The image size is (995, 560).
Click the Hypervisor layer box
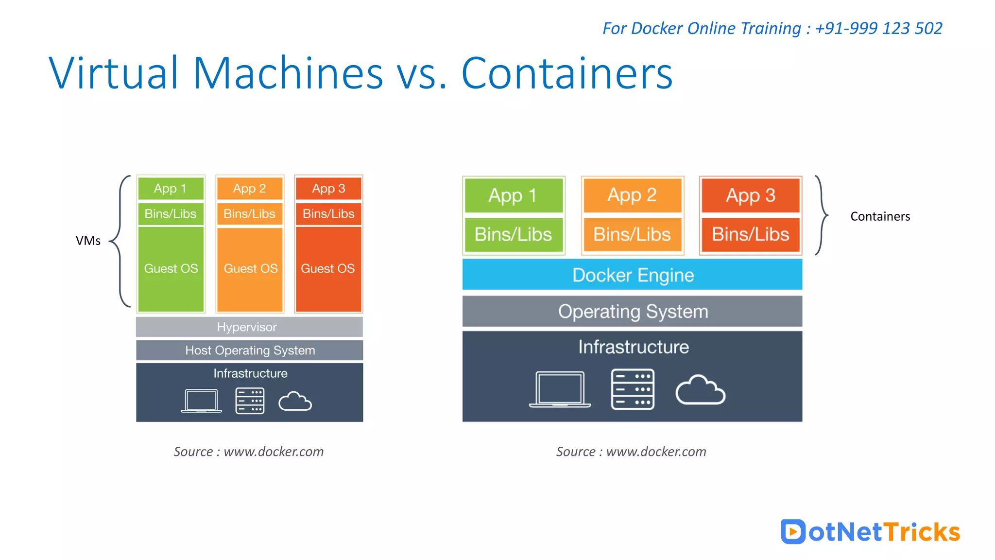point(249,327)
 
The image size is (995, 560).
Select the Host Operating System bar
point(249,350)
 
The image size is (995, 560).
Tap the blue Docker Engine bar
point(632,275)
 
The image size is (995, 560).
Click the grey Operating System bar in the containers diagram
point(632,312)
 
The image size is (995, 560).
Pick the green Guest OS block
point(171,269)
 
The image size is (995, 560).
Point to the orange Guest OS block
point(250,269)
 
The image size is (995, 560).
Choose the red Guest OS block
point(328,269)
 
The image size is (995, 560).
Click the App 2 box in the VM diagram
point(250,189)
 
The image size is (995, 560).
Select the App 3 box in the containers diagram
point(751,195)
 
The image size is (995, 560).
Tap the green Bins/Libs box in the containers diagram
point(514,235)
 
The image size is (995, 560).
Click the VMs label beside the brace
point(88,241)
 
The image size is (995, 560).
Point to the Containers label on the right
point(880,217)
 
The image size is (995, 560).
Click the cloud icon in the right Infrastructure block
point(700,390)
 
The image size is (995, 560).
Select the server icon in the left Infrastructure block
point(250,401)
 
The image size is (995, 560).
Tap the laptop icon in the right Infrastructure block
point(560,389)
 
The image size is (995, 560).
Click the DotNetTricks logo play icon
point(793,532)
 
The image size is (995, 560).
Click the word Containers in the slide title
point(566,74)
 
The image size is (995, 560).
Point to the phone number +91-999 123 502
point(878,28)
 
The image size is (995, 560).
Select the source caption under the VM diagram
point(249,452)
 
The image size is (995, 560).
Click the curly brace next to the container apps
point(821,215)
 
